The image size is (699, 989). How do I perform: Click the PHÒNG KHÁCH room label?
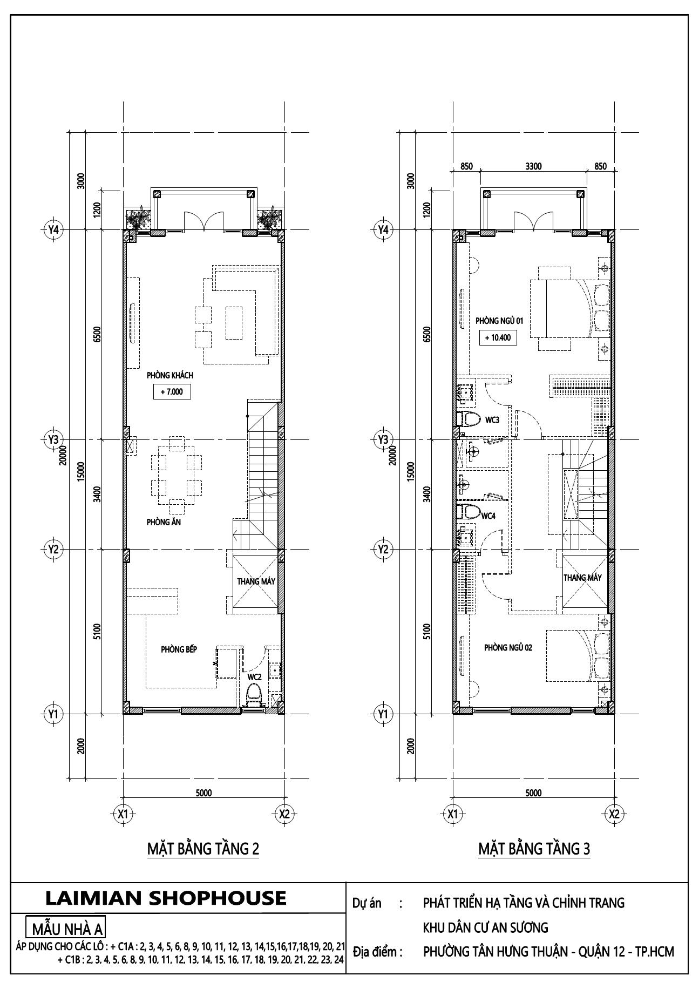click(169, 375)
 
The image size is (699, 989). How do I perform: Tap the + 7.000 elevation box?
click(172, 392)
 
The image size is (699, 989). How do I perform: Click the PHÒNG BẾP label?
click(179, 649)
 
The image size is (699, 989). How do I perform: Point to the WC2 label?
click(255, 676)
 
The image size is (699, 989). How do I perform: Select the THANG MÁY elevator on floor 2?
click(256, 581)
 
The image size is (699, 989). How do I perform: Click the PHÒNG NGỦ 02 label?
click(508, 647)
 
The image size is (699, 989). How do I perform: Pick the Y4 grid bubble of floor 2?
click(53, 229)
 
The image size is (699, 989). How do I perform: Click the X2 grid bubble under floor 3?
click(614, 814)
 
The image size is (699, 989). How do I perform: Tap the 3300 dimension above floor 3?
click(533, 166)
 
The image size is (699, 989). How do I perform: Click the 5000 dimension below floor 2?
click(203, 793)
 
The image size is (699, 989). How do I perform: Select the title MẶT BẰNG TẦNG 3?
click(534, 849)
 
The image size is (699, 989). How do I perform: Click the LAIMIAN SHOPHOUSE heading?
click(166, 897)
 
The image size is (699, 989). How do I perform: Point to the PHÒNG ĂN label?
click(163, 522)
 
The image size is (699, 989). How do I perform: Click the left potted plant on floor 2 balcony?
click(138, 219)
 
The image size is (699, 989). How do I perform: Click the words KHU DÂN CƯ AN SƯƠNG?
click(485, 927)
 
